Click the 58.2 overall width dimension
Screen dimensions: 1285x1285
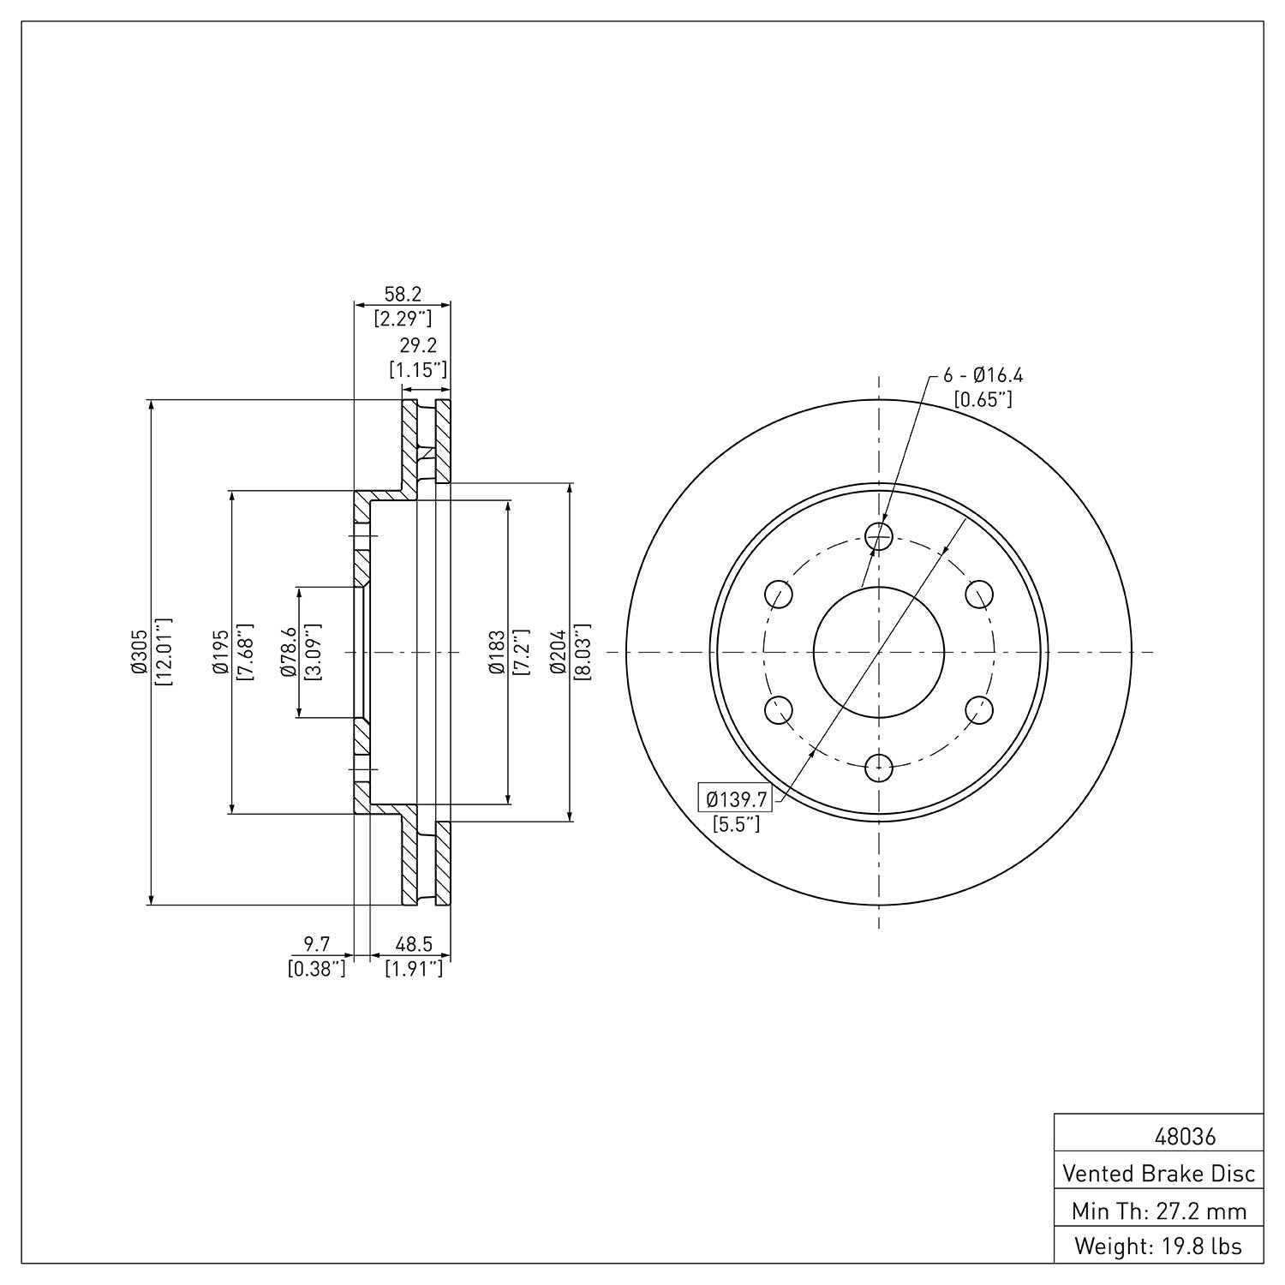coord(403,294)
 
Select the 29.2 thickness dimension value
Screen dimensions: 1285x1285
coord(419,345)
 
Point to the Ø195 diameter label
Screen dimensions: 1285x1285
coord(221,652)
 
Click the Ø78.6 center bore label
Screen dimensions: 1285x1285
coord(289,652)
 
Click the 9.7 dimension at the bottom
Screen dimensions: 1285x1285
coord(317,944)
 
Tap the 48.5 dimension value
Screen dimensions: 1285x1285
coord(414,944)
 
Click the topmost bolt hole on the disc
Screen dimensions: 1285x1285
coord(879,536)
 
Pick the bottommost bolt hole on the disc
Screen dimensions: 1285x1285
coord(879,768)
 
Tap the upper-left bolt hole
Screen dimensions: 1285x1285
coord(778,594)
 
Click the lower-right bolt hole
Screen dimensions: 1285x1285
coord(979,710)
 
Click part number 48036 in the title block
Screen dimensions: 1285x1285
coord(1185,1138)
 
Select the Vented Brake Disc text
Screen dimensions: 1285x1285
coord(1158,1173)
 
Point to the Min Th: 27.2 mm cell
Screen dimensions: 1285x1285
coord(1158,1210)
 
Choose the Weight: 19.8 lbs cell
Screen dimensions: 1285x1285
coord(1158,1246)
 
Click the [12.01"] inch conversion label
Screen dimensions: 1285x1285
coord(163,652)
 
